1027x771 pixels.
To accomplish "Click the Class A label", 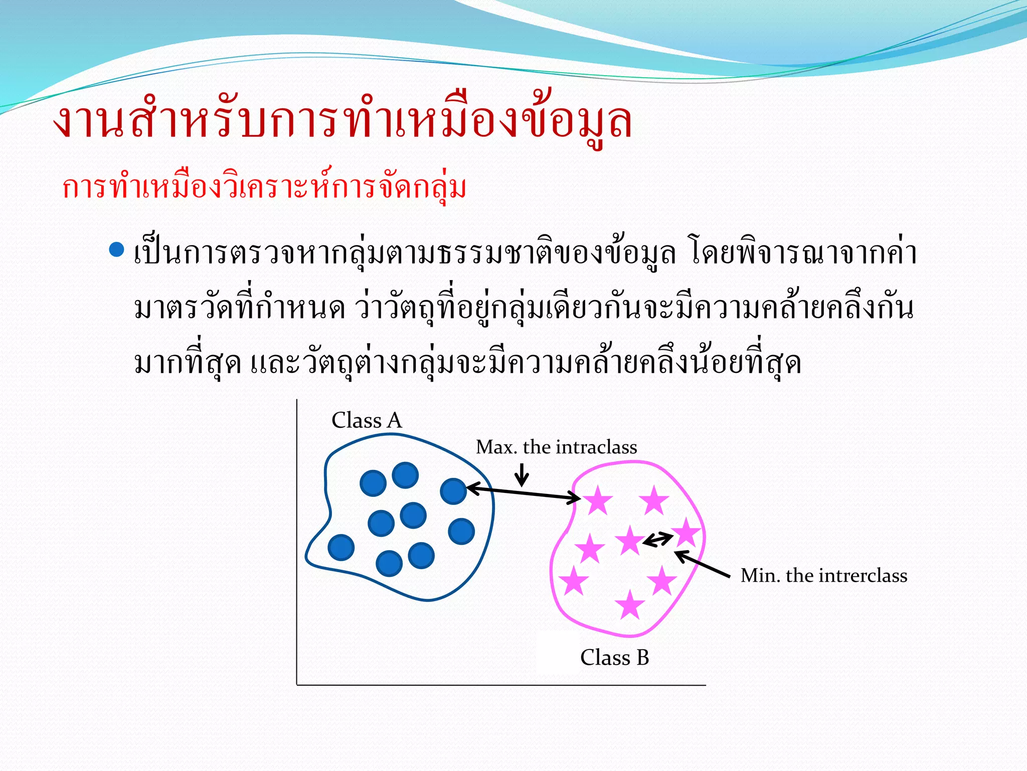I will (367, 421).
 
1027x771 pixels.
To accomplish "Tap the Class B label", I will (614, 658).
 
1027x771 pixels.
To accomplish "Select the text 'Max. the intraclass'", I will (556, 447).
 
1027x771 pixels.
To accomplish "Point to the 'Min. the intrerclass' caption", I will (823, 575).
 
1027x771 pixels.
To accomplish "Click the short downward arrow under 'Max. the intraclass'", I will (522, 474).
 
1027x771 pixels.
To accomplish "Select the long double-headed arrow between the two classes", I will (523, 493).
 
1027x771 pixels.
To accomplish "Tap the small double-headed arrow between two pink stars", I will (657, 540).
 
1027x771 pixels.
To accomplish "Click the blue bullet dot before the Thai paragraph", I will (116, 249).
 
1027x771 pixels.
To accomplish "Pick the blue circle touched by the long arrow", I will (453, 491).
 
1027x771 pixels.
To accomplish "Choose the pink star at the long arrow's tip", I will (597, 500).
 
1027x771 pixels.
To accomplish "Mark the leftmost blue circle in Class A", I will (341, 547).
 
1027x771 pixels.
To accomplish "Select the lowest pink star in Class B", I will (629, 604).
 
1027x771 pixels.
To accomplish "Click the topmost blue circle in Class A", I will (405, 475).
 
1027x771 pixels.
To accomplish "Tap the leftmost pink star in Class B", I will (573, 581).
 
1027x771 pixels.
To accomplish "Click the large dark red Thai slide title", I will (343, 121).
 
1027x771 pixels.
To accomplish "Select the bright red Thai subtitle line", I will (264, 188).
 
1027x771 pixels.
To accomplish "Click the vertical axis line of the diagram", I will (297, 542).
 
